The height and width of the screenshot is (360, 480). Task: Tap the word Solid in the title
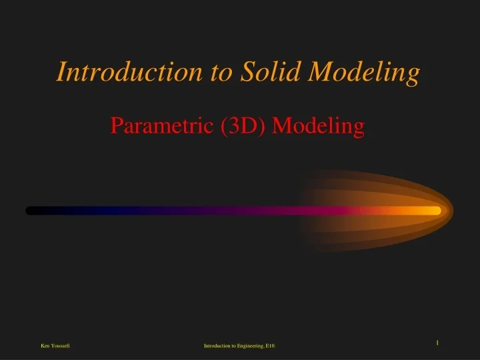(268, 71)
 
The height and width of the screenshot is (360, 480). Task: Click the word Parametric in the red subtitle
(163, 125)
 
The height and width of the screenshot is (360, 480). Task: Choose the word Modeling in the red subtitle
(319, 126)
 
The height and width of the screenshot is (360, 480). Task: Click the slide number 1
(437, 343)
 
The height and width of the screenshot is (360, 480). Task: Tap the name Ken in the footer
(45, 345)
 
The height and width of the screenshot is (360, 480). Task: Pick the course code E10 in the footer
(271, 345)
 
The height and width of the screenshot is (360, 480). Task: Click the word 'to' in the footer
(235, 345)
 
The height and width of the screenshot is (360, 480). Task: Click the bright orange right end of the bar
(433, 211)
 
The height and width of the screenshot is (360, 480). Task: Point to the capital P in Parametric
(116, 125)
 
